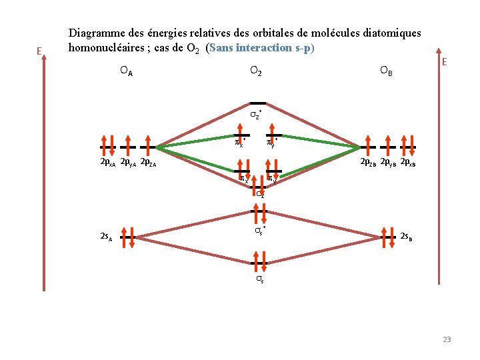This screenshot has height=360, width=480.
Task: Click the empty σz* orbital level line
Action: point(257,103)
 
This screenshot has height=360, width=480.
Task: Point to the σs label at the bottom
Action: point(259,281)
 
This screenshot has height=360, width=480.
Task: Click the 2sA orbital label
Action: point(105,236)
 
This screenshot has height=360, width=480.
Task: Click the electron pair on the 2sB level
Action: point(388,236)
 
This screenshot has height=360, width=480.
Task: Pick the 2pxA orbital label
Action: point(107,162)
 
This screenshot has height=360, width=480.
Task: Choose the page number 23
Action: point(447,339)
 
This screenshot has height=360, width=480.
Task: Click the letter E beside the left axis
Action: point(39,51)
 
